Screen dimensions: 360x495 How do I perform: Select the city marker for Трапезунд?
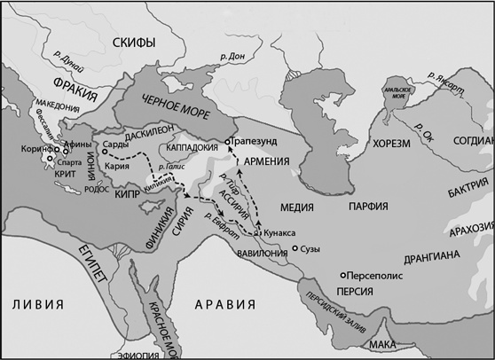[228, 141]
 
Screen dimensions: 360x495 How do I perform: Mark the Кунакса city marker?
[258, 232]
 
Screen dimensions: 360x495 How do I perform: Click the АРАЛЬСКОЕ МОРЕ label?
[394, 94]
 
